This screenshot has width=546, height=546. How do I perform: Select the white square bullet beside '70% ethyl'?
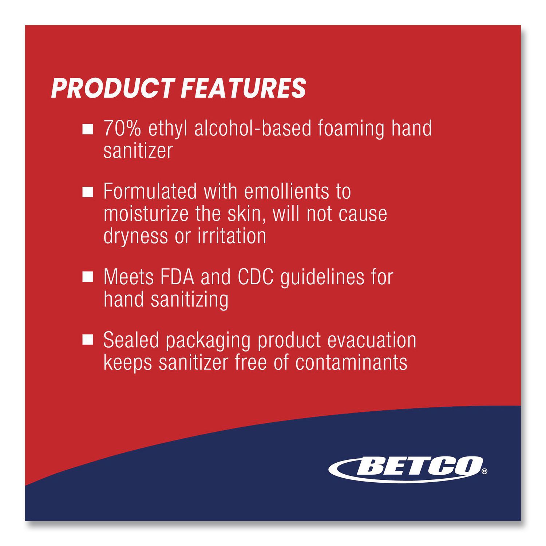coord(88,129)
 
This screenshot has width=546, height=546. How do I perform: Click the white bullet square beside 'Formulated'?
coord(88,192)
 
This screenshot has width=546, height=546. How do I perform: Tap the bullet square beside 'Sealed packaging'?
coord(88,340)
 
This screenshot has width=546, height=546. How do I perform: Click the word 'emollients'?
coord(285,191)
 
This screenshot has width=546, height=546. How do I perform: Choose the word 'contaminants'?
coord(351,362)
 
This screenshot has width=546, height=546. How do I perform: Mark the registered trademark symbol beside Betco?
coord(484,472)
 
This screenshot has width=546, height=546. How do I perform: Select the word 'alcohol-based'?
coord(253,128)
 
